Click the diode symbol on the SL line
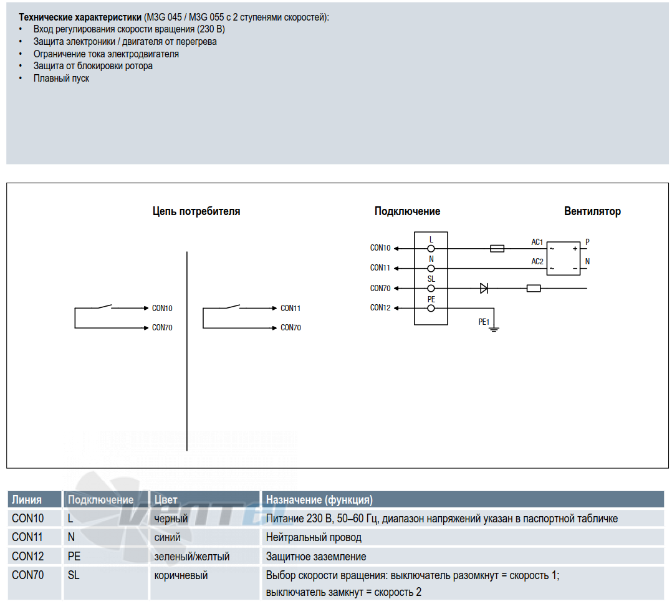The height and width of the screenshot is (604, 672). pyautogui.click(x=484, y=289)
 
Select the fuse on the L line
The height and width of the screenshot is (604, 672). pyautogui.click(x=497, y=249)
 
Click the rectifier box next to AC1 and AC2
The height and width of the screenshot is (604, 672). pyautogui.click(x=564, y=258)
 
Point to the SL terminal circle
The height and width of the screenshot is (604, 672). pyautogui.click(x=431, y=289)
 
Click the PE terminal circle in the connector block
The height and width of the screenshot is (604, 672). pyautogui.click(x=431, y=308)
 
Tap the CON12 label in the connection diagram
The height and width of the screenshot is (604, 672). pyautogui.click(x=380, y=308)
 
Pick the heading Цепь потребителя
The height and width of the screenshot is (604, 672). pyautogui.click(x=196, y=211)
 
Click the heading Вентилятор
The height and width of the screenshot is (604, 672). pyautogui.click(x=592, y=211)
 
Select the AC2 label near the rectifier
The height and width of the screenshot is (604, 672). pyautogui.click(x=537, y=262)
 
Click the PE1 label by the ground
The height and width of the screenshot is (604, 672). pyautogui.click(x=484, y=322)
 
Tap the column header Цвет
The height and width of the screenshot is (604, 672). pyautogui.click(x=166, y=500)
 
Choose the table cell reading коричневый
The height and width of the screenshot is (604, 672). pyautogui.click(x=181, y=575)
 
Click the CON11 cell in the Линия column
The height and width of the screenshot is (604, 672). pyautogui.click(x=28, y=537)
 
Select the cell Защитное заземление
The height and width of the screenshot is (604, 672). pyautogui.click(x=316, y=557)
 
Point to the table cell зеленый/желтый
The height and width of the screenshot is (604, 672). pyautogui.click(x=192, y=557)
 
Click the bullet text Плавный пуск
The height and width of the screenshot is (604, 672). pyautogui.click(x=61, y=79)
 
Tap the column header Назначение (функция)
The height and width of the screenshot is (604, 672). pyautogui.click(x=319, y=500)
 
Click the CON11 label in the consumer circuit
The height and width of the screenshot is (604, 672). pyautogui.click(x=290, y=308)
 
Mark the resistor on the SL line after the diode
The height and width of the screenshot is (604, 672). pyautogui.click(x=534, y=289)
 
